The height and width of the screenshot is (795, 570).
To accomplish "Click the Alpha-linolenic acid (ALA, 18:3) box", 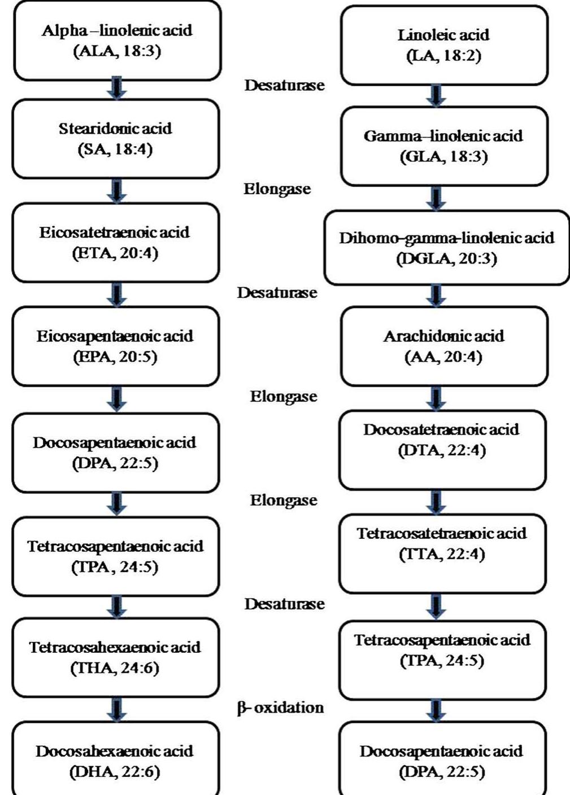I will coord(116,41).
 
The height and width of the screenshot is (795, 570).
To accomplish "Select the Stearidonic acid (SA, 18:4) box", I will coord(115,139).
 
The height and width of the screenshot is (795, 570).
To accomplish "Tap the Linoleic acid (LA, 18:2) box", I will coord(444,45).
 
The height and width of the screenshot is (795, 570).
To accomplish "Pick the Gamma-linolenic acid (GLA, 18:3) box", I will coord(444,146).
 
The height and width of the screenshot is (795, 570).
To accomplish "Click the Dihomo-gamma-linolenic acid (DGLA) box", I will coord(446,248).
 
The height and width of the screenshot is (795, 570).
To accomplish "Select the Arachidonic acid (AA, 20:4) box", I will coord(444,346).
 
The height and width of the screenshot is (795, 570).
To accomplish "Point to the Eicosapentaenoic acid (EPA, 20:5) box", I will coord(115,346).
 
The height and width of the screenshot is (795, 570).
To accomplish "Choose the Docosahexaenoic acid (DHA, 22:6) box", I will coord(115,761).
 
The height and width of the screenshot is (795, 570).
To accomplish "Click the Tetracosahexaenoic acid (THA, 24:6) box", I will coord(115,657).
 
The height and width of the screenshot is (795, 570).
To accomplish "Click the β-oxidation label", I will coord(281,708).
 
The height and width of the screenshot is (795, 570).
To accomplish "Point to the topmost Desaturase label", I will coord(284,85).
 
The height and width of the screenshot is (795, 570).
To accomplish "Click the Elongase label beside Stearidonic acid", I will coord(277,189).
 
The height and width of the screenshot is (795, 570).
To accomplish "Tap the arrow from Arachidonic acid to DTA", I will coord(437,398).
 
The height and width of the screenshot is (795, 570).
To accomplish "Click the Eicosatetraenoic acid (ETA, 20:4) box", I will coord(115,243).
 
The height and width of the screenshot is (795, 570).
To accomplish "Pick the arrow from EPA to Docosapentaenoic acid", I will coord(116,399).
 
